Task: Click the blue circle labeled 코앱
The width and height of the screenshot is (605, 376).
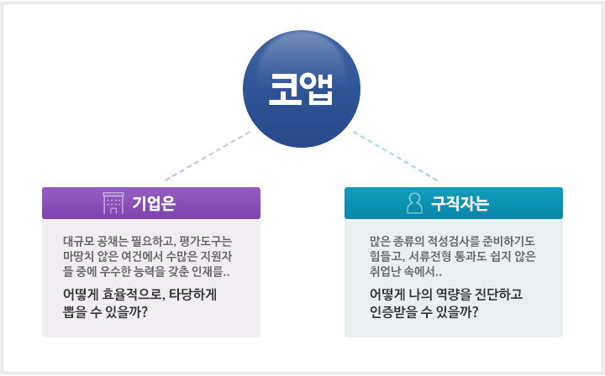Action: click(x=302, y=89)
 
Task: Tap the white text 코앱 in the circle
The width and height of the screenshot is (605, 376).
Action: click(x=301, y=89)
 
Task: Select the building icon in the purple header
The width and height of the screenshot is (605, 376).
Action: click(x=113, y=203)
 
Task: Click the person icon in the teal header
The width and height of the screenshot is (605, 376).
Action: click(x=414, y=203)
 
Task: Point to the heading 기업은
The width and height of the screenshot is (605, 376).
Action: click(x=154, y=203)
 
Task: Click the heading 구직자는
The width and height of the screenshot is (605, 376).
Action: click(x=460, y=203)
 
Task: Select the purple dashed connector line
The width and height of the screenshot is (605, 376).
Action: click(x=208, y=156)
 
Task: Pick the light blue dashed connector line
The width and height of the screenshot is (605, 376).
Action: click(x=396, y=156)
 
